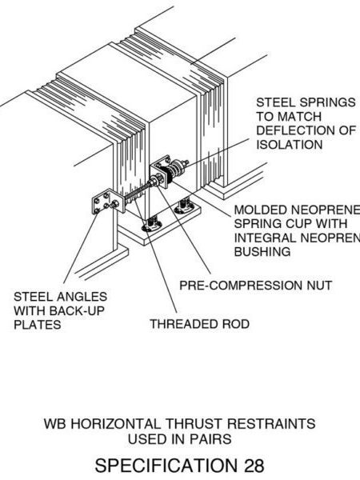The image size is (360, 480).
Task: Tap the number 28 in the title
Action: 249,464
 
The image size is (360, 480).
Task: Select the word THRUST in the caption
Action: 189,423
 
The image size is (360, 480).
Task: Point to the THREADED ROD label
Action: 200,324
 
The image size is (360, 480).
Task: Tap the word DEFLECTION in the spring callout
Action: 298,131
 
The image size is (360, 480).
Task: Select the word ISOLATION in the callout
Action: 289,145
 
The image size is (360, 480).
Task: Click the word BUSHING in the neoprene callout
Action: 262,251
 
